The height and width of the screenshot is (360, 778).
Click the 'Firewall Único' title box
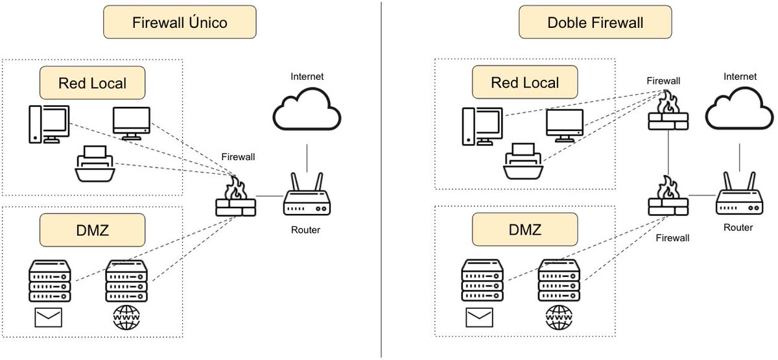click(x=180, y=23)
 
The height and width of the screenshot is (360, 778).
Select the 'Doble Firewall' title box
click(x=595, y=23)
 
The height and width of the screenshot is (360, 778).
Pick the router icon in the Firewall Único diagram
click(x=307, y=197)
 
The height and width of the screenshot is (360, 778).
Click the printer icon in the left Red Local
click(x=95, y=165)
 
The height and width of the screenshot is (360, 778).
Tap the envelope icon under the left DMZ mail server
click(x=48, y=318)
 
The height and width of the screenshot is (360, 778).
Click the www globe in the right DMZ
click(x=558, y=318)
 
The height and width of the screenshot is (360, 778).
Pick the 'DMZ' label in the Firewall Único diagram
click(x=91, y=231)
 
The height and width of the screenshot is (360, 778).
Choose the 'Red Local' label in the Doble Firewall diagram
click(x=525, y=82)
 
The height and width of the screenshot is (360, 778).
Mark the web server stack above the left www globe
click(x=126, y=280)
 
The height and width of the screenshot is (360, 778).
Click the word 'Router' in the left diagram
click(x=305, y=230)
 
